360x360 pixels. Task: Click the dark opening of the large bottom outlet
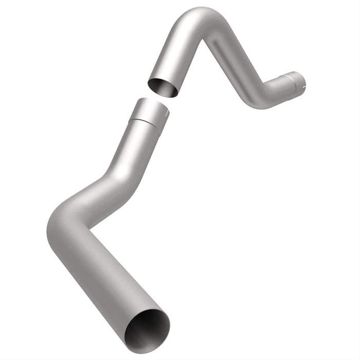(x=148, y=331)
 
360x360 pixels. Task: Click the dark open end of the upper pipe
(x=163, y=87)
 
